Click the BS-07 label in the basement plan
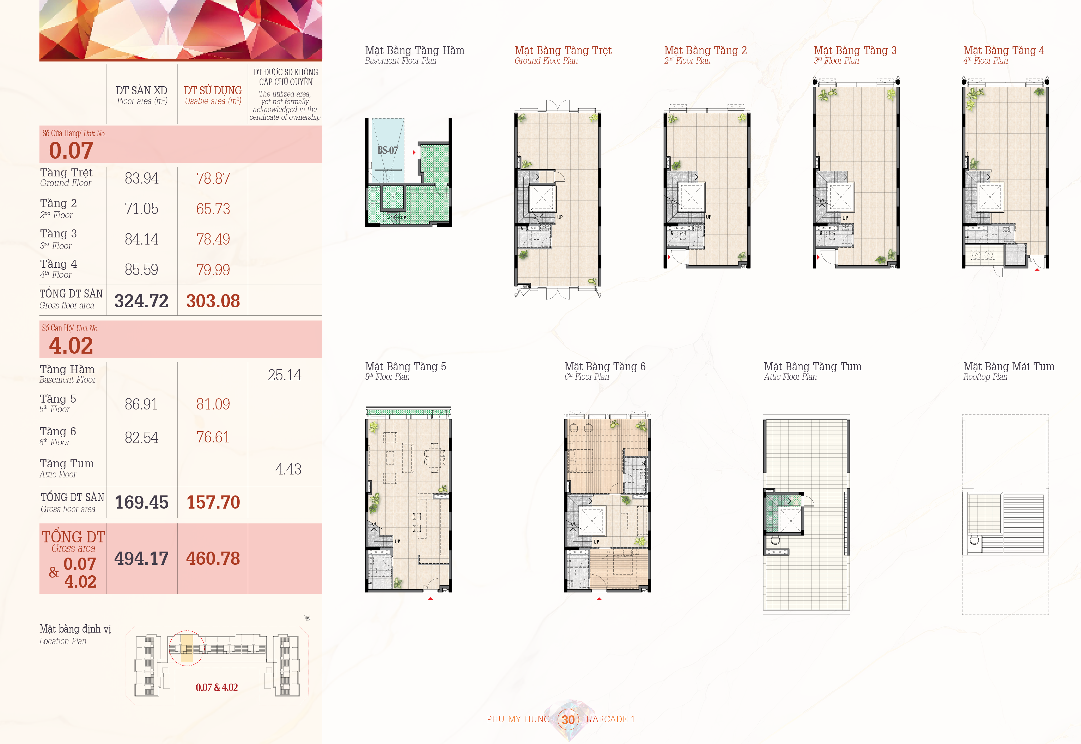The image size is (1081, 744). pos(388,150)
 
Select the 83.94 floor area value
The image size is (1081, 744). pos(142,178)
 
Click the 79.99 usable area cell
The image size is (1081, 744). pos(213,269)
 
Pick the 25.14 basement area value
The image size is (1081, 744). pos(285,375)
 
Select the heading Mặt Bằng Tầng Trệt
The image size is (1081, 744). pos(563,50)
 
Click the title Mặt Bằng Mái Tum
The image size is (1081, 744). pos(1009,366)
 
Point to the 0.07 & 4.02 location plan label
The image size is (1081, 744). pos(217,688)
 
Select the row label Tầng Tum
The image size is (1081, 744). pos(67,463)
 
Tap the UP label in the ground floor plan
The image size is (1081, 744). pos(560,217)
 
